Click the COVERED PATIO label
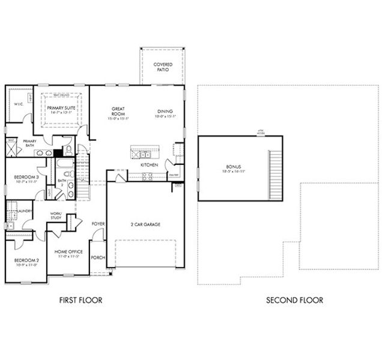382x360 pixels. point(162,67)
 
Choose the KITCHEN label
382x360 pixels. point(149,164)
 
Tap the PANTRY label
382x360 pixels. point(174,175)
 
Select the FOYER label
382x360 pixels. point(98,224)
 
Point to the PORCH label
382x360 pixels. point(98,257)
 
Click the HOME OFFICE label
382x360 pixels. point(68,252)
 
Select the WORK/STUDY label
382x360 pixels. point(56,216)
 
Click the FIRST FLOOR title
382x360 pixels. point(80,300)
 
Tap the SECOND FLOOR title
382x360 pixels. point(294,300)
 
